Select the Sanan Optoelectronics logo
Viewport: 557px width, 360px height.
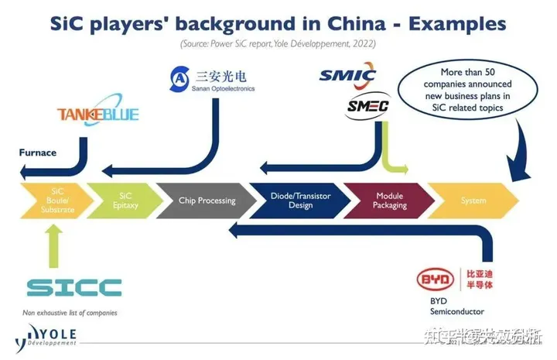click(211, 78)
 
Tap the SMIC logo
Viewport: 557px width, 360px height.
click(347, 75)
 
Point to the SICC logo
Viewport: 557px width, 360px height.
click(74, 287)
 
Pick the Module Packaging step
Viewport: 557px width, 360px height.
click(389, 201)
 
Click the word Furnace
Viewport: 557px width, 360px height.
click(38, 153)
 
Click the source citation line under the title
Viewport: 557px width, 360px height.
click(278, 44)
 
